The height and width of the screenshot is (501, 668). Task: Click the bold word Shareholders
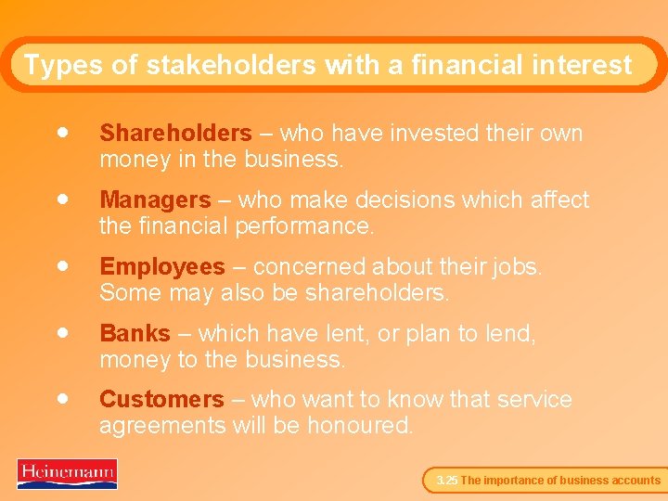pos(174,134)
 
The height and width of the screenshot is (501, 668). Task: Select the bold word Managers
pos(155,200)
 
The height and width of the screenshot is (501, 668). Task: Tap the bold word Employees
pos(161,267)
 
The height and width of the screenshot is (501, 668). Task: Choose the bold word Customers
pos(161,400)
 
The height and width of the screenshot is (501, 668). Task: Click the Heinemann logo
pos(67,473)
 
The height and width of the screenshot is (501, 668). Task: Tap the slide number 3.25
pos(446,481)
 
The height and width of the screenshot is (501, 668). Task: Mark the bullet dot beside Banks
pos(61,331)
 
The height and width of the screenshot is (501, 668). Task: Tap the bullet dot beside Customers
pos(61,398)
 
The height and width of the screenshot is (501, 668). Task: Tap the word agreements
pos(162,427)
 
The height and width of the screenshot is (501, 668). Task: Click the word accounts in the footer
pos(635,481)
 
